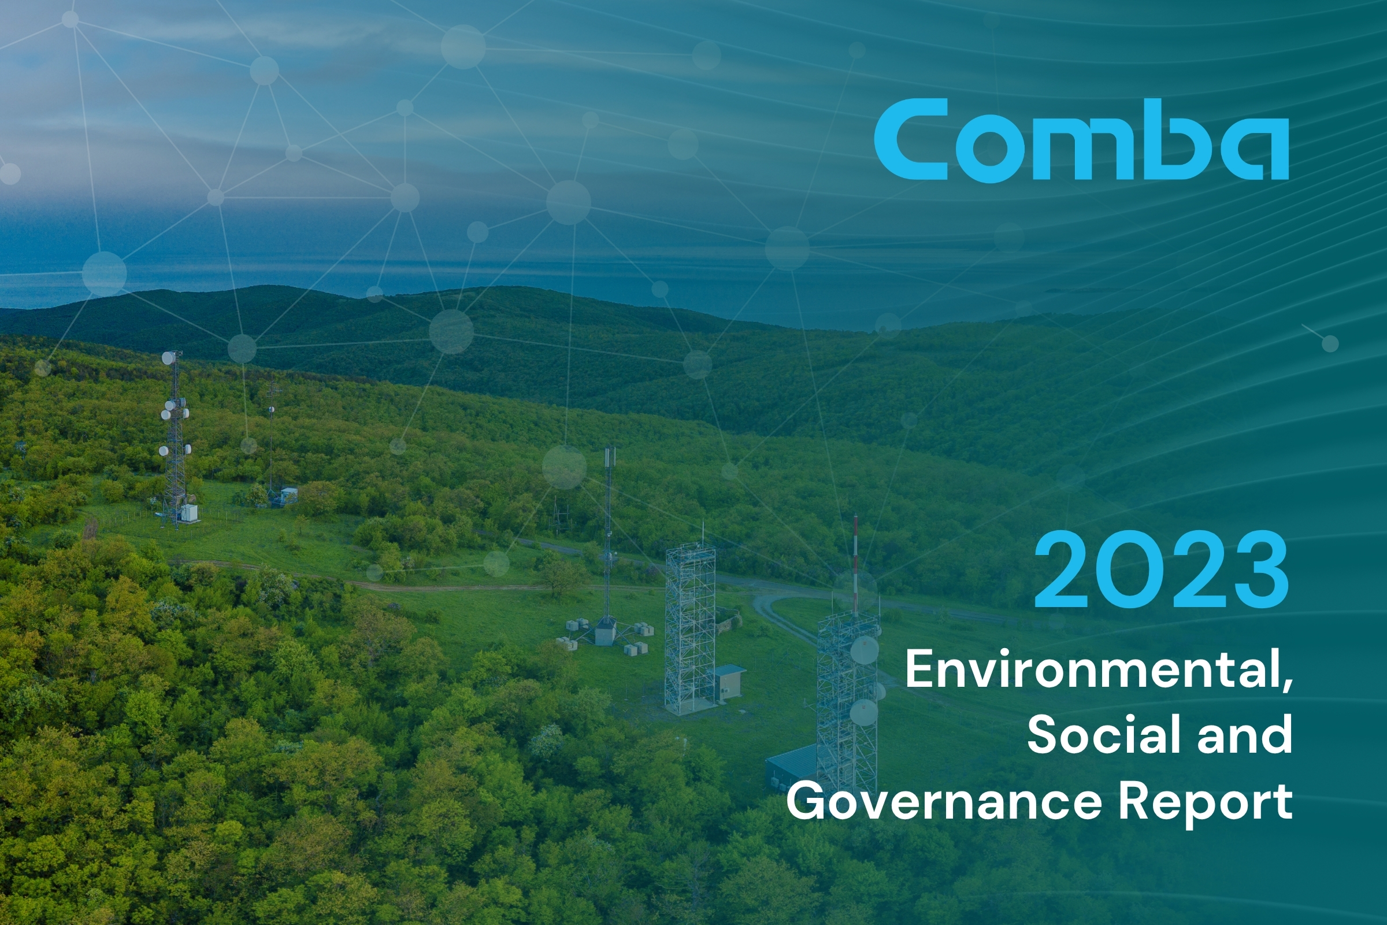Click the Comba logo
(1081, 140)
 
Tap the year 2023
(1160, 569)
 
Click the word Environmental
(1091, 669)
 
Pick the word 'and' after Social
(1245, 734)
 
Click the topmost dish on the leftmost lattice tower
(169, 357)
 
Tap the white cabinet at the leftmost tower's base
(190, 512)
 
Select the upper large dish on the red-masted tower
(864, 649)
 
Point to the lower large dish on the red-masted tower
(863, 712)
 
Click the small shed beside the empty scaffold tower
(730, 682)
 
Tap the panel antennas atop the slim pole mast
(609, 464)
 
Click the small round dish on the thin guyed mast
(271, 409)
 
